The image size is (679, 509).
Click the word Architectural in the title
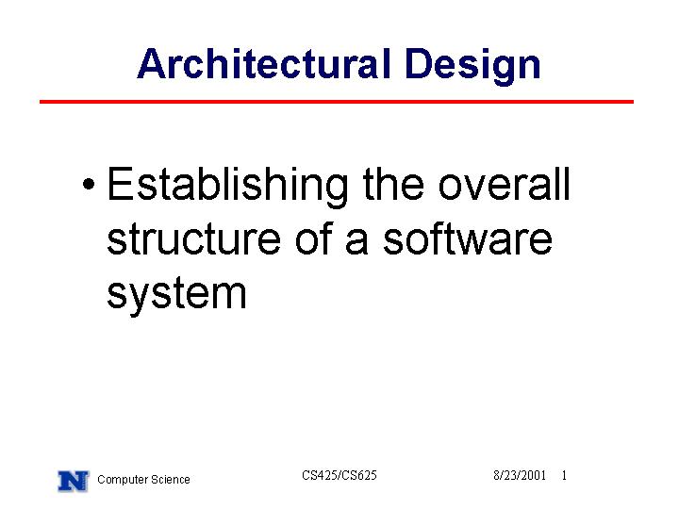tap(264, 64)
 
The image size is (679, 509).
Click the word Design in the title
tap(472, 65)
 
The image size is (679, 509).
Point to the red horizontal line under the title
tap(337, 102)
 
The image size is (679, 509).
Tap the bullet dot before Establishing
tap(89, 184)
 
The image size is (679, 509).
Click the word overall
tap(504, 184)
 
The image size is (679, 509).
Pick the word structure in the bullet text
tap(193, 238)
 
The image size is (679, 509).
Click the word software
tap(468, 238)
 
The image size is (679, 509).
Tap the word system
tap(176, 294)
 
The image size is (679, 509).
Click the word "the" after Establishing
tap(393, 184)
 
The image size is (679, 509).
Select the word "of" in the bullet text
tap(313, 238)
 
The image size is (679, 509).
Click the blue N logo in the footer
tap(74, 482)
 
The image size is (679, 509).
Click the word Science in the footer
tap(168, 479)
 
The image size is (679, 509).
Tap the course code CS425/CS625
tap(339, 475)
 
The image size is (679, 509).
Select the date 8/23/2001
tap(520, 475)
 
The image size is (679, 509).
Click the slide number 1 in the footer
tap(564, 475)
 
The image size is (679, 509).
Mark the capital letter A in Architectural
tap(152, 64)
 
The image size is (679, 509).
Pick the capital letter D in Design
tap(419, 64)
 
